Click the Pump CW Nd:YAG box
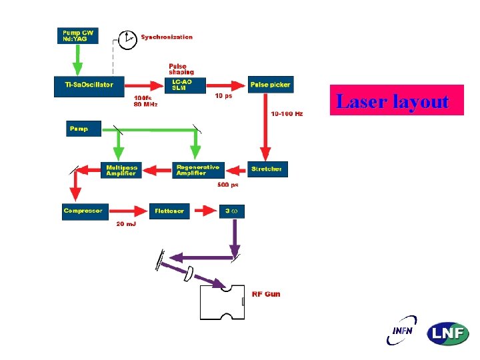click(x=77, y=35)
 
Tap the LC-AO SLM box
click(x=183, y=85)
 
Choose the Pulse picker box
click(x=270, y=85)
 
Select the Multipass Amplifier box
click(x=121, y=170)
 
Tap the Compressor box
click(x=83, y=211)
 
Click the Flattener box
click(x=169, y=211)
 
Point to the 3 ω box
click(x=231, y=211)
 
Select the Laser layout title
click(x=396, y=101)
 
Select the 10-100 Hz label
click(x=287, y=114)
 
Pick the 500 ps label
click(x=229, y=185)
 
